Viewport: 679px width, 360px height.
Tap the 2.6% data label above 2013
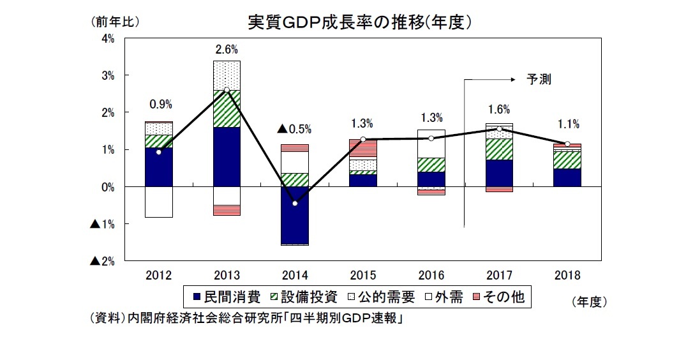point(227,48)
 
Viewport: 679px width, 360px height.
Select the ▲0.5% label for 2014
point(294,129)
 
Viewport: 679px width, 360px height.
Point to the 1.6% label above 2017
point(499,110)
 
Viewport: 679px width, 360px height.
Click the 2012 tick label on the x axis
point(158,276)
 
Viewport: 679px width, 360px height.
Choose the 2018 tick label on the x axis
point(567,276)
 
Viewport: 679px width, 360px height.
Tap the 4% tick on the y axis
point(107,38)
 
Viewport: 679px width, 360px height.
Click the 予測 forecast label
point(538,80)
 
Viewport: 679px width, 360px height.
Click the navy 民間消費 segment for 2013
point(227,156)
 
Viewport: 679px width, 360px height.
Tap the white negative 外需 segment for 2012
point(158,202)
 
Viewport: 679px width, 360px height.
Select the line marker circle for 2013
point(227,90)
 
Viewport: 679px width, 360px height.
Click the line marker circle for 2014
point(295,204)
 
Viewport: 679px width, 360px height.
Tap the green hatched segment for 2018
point(567,160)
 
